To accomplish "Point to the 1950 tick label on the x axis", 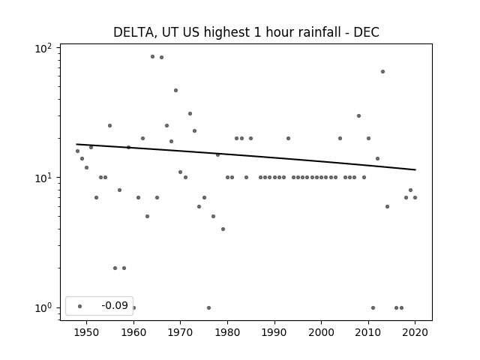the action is tap(87, 332).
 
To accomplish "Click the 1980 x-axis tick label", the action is tap(227, 332).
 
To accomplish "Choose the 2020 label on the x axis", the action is tap(415, 332).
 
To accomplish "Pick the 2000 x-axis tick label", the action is tap(322, 332).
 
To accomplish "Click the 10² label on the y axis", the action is tap(43, 49).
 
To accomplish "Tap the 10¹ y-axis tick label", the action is tap(43, 178).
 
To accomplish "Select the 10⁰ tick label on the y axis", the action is tap(43, 308).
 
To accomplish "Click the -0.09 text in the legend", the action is tap(115, 305).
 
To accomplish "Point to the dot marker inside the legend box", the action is tap(80, 306).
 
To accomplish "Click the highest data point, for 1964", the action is tap(152, 57).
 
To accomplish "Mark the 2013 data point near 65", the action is tap(382, 72).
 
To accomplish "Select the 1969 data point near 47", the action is tap(175, 90).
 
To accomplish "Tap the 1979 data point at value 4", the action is tap(223, 229).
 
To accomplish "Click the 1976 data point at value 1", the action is tap(208, 307).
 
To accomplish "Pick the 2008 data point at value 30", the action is tap(358, 115).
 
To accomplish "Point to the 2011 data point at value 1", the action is tap(373, 307).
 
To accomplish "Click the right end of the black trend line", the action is tap(415, 169).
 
